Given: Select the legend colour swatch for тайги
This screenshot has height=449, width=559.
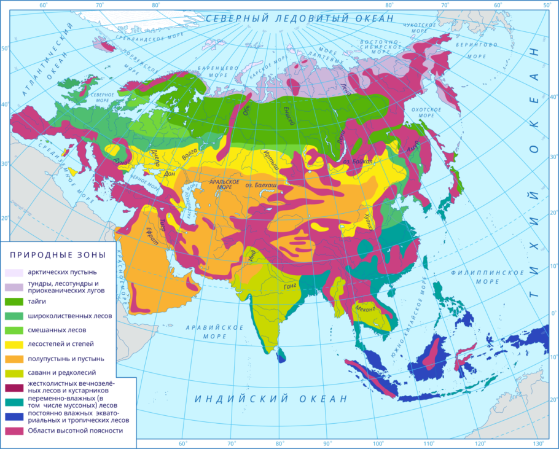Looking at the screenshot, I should coord(14,302).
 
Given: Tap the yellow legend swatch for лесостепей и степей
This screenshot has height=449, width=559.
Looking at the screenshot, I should coord(14,345).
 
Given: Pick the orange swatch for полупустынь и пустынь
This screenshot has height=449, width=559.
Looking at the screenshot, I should coord(14,359).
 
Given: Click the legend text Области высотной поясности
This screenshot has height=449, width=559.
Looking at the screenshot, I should coord(75,431).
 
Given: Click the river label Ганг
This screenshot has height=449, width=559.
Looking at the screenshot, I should coord(290,286).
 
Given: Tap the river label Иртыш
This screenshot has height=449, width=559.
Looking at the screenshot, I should coord(271,162).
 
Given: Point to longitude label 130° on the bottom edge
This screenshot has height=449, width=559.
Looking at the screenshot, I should coord(538,443).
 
